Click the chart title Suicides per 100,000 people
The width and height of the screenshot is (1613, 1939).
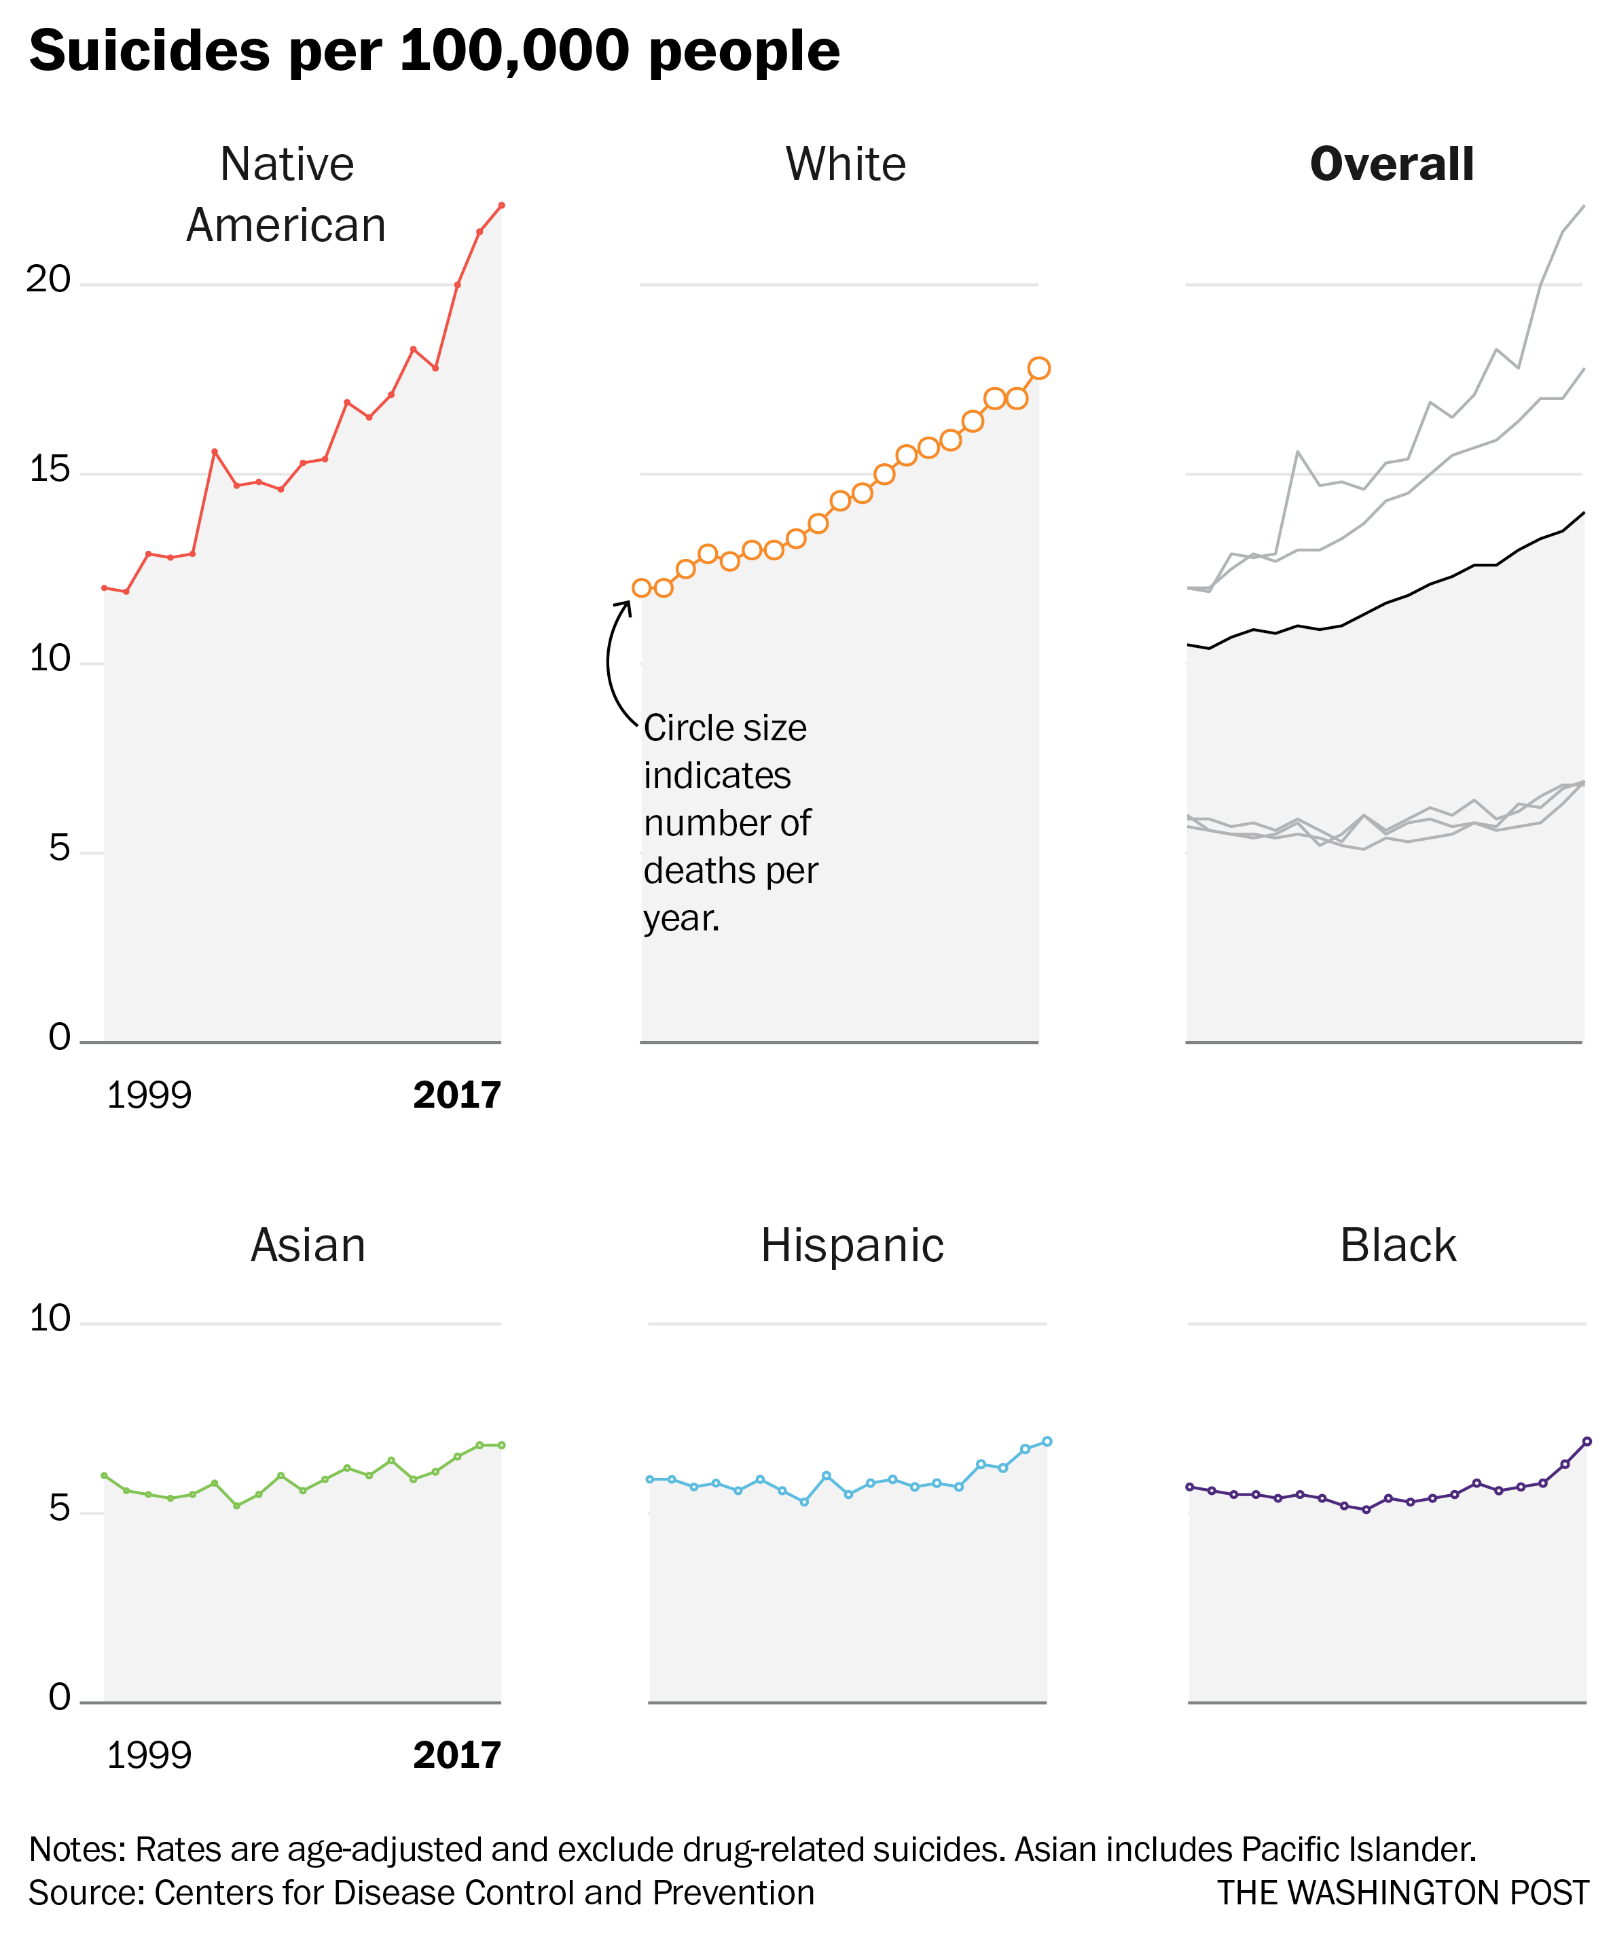coord(434,51)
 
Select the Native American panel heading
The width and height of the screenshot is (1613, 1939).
coord(286,195)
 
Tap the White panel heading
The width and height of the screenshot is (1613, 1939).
coord(845,164)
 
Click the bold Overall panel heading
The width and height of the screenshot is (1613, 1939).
coord(1392,164)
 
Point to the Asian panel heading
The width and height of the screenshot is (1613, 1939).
coord(308,1246)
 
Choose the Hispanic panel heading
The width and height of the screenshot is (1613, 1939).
coord(851,1246)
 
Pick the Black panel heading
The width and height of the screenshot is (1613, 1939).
coord(1397,1246)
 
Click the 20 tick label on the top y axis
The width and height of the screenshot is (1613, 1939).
coord(48,279)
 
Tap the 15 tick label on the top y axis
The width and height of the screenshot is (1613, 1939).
coord(49,469)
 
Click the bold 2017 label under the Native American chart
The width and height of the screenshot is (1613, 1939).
coord(456,1095)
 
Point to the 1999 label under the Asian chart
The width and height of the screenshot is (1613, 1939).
coord(149,1755)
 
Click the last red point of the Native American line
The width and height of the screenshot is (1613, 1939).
coord(501,205)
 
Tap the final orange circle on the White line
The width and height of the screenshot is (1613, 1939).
coord(1038,368)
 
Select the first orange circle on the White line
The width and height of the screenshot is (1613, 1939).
coord(642,588)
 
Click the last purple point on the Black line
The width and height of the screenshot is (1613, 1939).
coord(1587,1441)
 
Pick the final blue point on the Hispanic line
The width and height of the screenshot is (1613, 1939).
coord(1046,1441)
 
